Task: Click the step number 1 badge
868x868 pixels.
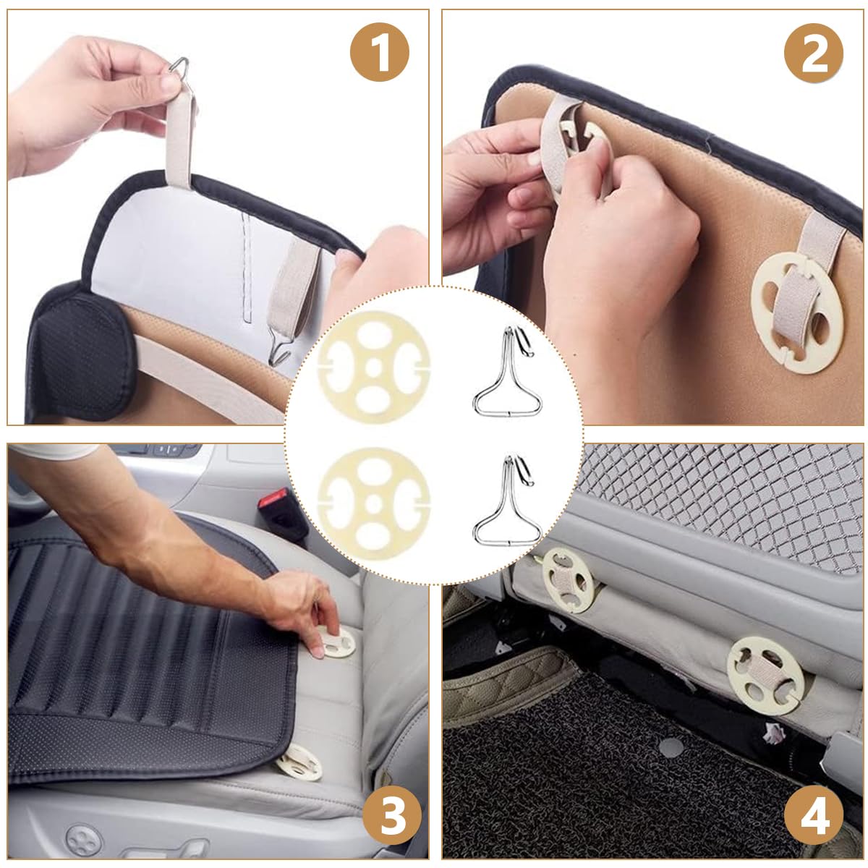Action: click(x=380, y=52)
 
